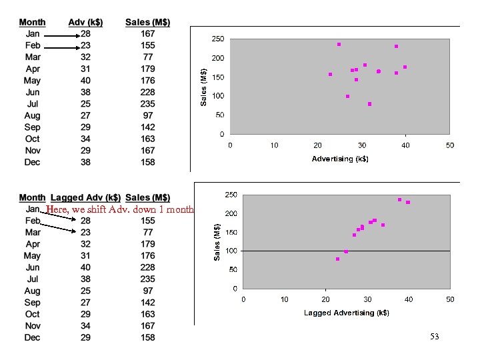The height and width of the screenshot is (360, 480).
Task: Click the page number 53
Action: (435, 337)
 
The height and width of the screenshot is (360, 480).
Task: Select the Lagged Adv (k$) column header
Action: (85, 197)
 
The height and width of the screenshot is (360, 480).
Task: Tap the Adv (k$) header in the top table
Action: (85, 22)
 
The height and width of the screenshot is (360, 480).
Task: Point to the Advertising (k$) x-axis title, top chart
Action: (340, 159)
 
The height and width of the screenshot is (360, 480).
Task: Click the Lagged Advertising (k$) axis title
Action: (346, 313)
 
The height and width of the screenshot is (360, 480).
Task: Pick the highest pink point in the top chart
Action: (339, 45)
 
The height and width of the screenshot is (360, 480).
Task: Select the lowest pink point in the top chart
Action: (369, 104)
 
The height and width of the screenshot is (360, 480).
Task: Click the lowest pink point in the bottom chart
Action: (337, 259)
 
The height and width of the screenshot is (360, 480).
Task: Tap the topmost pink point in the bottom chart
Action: (399, 199)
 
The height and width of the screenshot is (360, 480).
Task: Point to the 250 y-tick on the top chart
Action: (217, 39)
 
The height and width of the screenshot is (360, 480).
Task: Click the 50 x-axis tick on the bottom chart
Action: (450, 300)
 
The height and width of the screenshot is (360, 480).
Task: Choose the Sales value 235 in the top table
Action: (147, 104)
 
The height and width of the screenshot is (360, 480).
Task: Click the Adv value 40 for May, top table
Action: (87, 81)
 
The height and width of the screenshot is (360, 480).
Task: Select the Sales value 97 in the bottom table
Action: (147, 291)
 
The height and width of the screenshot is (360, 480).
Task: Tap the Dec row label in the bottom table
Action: (32, 337)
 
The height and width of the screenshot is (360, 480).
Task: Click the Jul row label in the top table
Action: (32, 104)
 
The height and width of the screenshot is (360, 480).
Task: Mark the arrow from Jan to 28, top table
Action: (59, 35)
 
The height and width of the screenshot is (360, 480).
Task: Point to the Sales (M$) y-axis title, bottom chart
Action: (217, 241)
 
